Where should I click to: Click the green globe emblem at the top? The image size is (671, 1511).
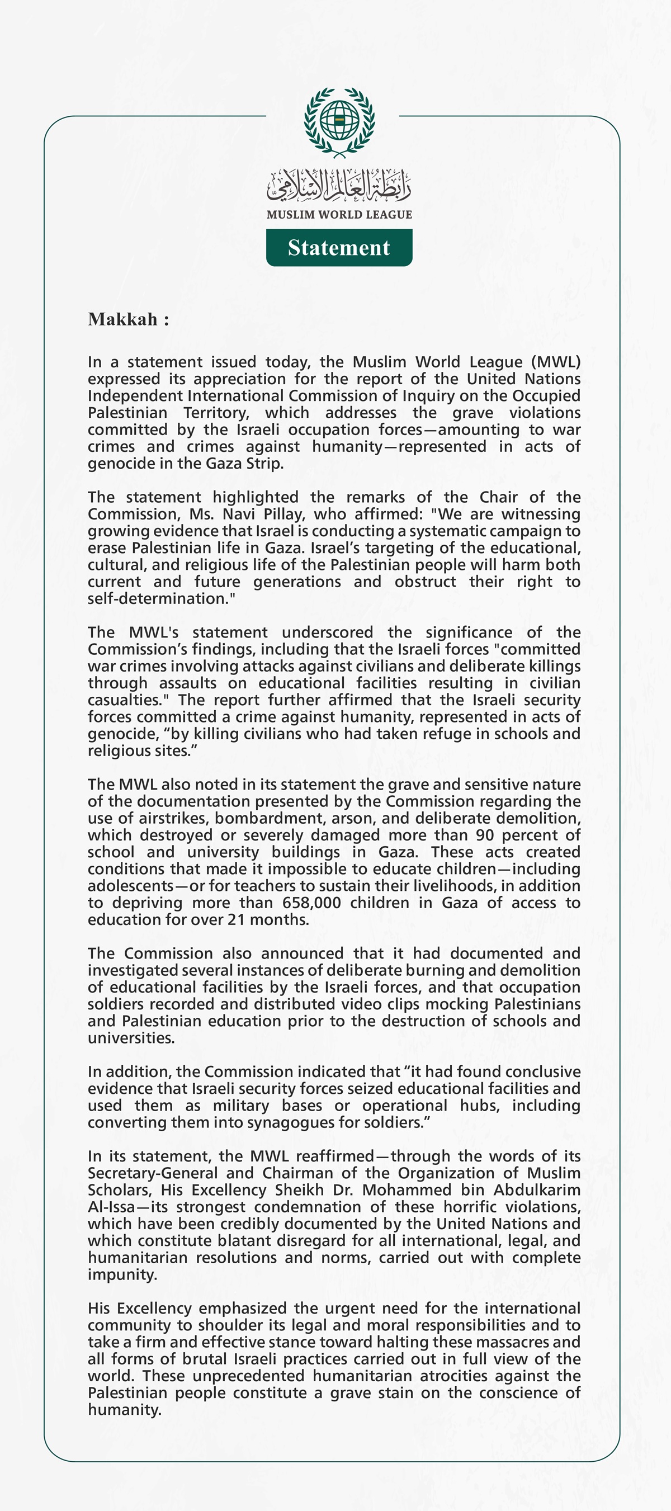(x=339, y=121)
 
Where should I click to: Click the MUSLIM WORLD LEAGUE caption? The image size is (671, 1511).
(x=339, y=215)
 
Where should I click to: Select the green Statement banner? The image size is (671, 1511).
(x=339, y=248)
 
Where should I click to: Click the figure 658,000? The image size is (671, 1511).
(x=311, y=903)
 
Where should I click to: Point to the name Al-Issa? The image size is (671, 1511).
(x=111, y=1207)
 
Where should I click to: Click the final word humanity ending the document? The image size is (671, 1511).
(x=123, y=1410)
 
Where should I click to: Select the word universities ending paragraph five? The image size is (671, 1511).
(x=130, y=1038)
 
